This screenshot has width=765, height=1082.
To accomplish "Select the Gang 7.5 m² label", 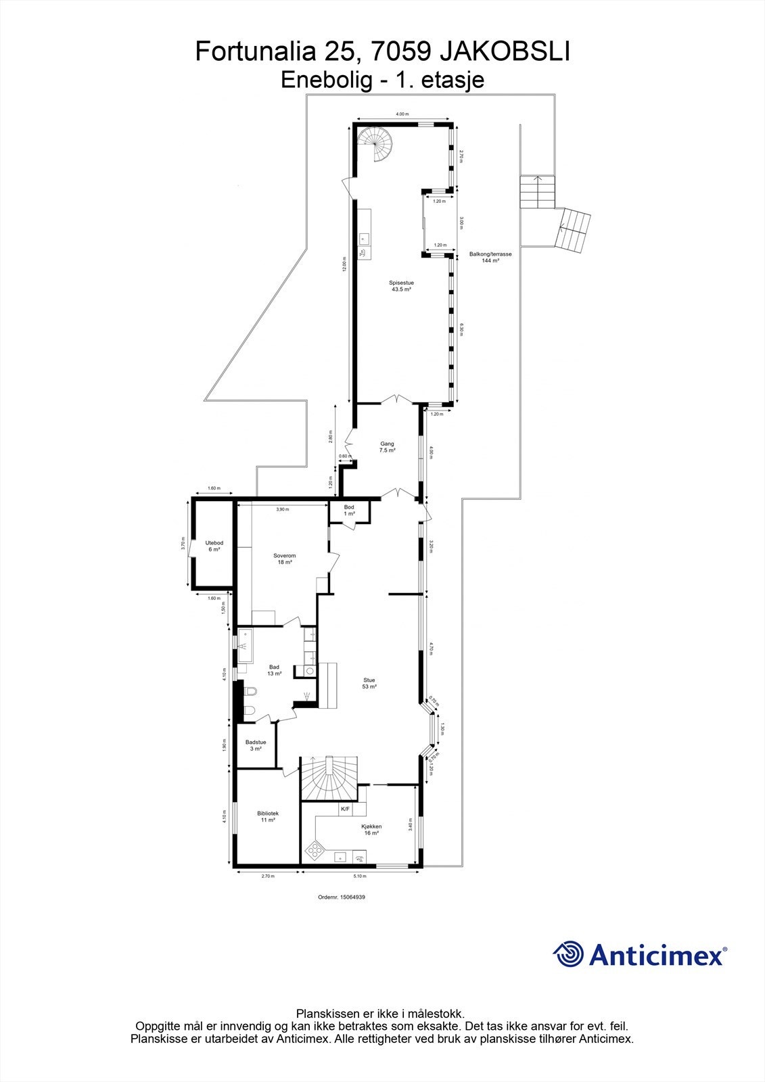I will coord(387,447).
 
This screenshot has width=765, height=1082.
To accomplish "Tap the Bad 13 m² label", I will coord(274,670).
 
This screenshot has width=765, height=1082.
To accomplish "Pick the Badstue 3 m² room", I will coord(256,745).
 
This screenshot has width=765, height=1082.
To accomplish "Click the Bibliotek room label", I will coord(268,816).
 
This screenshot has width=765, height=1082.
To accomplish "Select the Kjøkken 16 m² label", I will coord(371,829).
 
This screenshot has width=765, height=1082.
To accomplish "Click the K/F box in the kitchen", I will coord(345,809).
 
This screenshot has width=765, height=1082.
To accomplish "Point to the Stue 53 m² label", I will coord(369,683).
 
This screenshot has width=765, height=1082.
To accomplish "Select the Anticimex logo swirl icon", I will coord(568,954).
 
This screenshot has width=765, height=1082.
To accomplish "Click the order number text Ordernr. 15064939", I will coord(341,897).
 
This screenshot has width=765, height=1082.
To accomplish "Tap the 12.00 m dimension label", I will coord(344,265).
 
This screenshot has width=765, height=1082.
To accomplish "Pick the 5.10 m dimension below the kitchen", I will coord(359,876).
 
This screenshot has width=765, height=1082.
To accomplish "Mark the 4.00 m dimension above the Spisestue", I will coord(402,114).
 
